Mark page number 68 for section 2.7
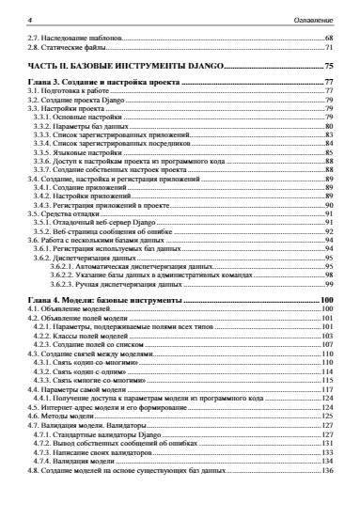(330, 38)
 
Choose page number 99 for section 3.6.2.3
(330, 282)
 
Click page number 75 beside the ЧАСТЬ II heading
(329, 66)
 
